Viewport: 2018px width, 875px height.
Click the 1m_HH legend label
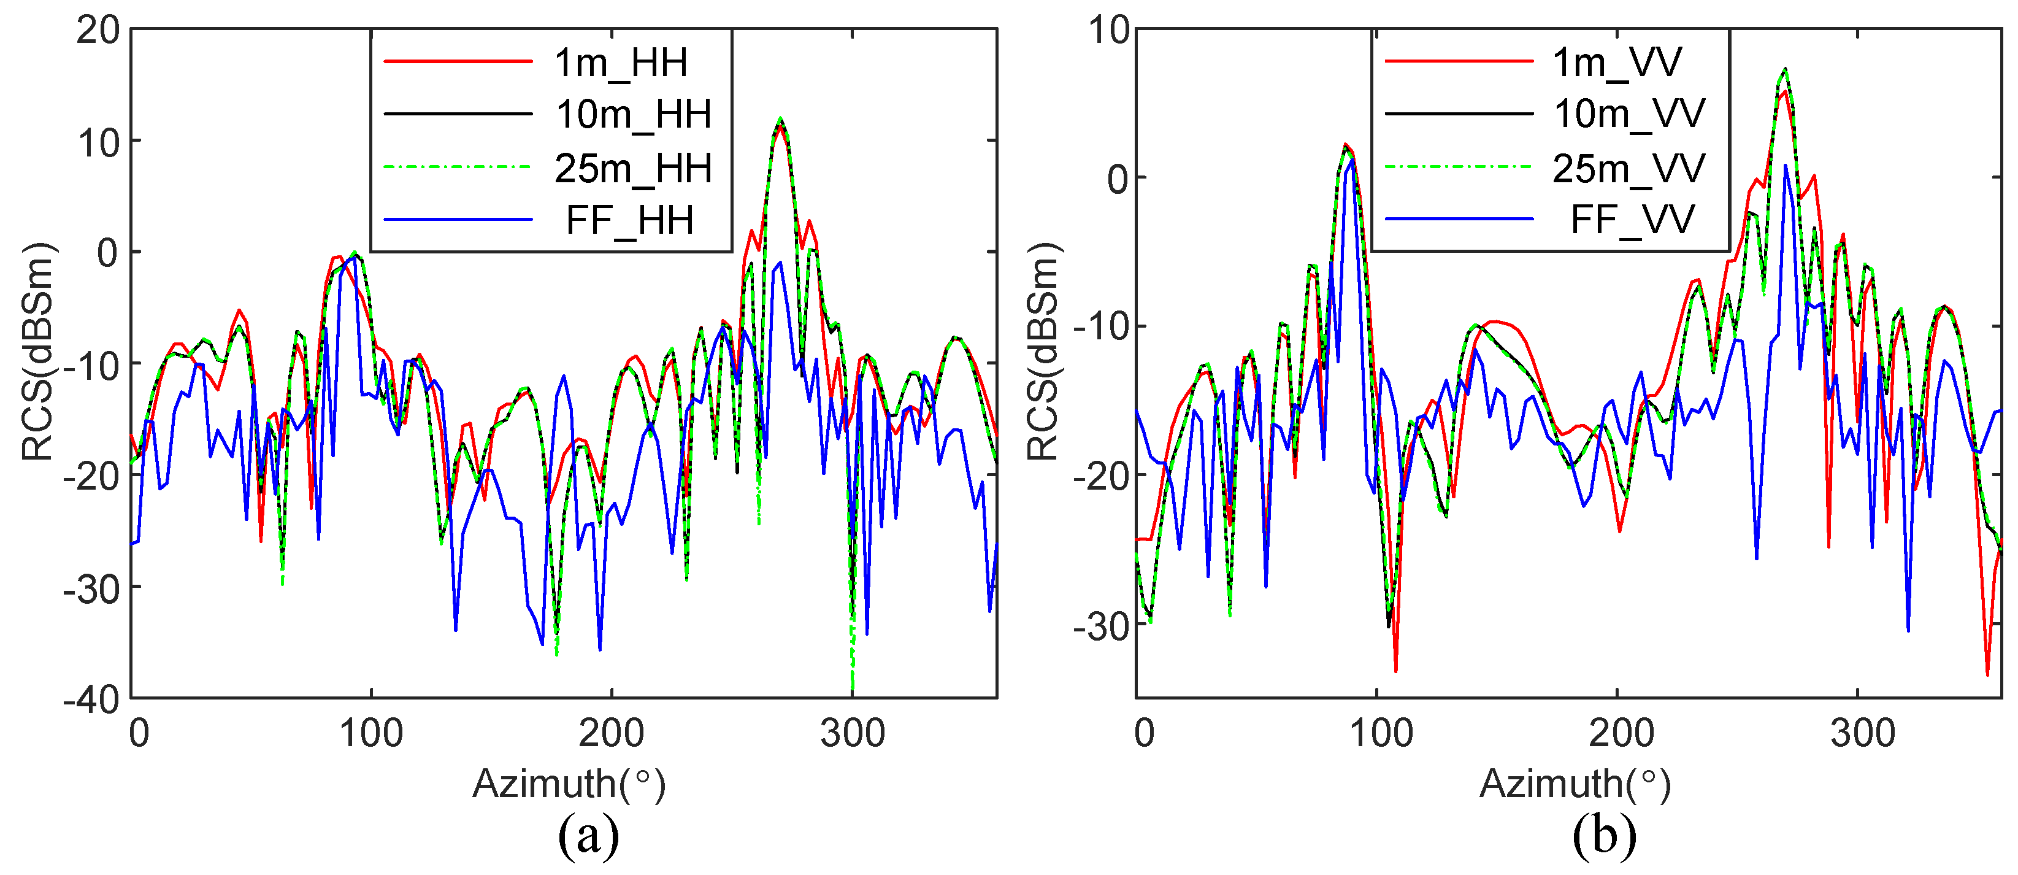[x=621, y=62]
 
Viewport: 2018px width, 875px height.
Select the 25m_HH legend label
[x=633, y=168]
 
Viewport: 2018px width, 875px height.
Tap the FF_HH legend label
[x=629, y=220]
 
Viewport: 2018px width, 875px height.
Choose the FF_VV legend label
[x=1633, y=220]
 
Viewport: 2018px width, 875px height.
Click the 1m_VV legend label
[x=1617, y=62]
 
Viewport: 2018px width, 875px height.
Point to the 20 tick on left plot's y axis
[x=98, y=31]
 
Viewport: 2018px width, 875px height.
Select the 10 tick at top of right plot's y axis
[x=1109, y=31]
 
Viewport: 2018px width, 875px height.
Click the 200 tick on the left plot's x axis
[x=611, y=734]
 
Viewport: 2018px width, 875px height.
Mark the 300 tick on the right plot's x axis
[x=1862, y=734]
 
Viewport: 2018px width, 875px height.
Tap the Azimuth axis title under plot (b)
[x=1575, y=784]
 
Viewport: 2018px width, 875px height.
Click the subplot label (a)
[x=588, y=836]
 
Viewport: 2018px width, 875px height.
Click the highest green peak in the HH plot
[x=780, y=119]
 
